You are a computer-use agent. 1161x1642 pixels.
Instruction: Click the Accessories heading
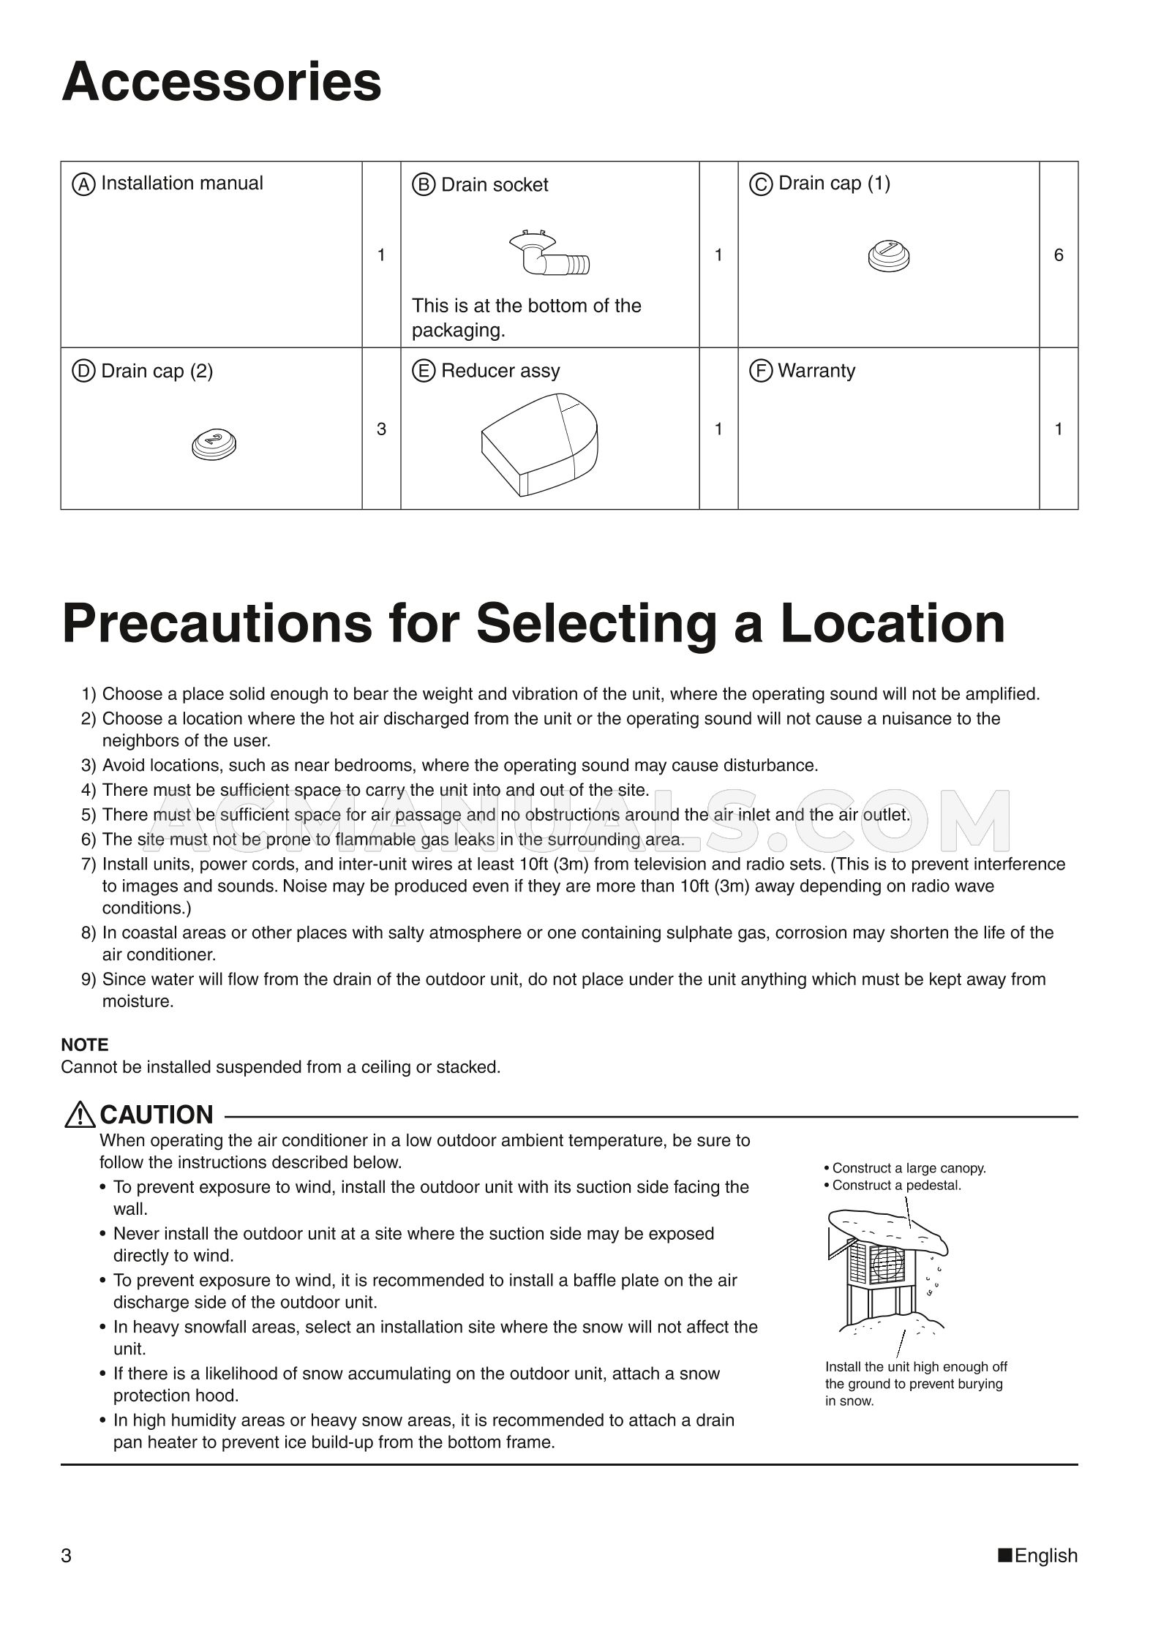[x=221, y=82]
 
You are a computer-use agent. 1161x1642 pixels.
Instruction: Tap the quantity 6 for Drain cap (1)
[x=1058, y=255]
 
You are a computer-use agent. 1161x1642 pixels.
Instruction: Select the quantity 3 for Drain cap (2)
[x=381, y=429]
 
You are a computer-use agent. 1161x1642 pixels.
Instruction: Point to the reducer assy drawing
[x=539, y=444]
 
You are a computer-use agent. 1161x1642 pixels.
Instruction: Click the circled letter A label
[x=83, y=184]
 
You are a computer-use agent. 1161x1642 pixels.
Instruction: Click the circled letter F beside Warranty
[x=761, y=371]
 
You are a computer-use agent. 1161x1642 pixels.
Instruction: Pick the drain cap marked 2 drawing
[x=214, y=443]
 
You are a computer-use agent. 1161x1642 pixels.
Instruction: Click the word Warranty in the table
[x=816, y=371]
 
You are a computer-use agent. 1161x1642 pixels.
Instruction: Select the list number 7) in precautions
[x=89, y=865]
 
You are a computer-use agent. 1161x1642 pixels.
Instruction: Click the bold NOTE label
[x=85, y=1044]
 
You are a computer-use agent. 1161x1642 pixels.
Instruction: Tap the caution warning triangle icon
[x=79, y=1115]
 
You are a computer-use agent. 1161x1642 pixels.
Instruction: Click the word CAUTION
[x=157, y=1115]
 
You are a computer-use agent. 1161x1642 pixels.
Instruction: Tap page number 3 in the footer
[x=67, y=1555]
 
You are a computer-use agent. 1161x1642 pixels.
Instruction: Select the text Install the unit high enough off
[x=916, y=1366]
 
